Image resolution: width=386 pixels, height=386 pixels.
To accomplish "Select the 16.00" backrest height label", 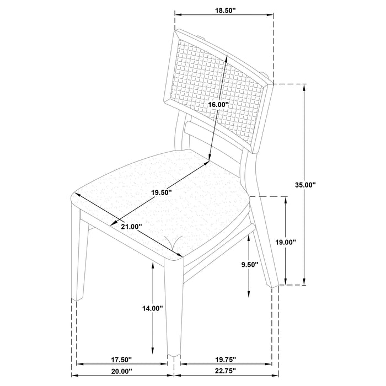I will pos(218,104).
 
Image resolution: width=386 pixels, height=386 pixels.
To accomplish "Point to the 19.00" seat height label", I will pos(286,242).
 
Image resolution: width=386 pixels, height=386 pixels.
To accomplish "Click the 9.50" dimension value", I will pos(250,264).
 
